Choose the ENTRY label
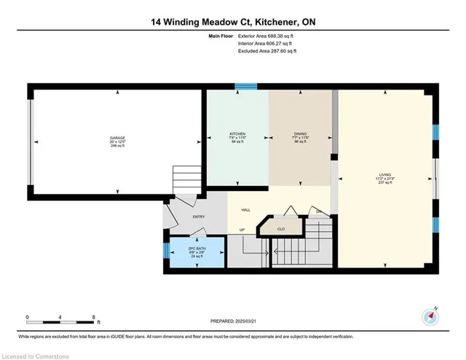[199, 216]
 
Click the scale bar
[60, 321]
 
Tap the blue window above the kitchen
[245, 86]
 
